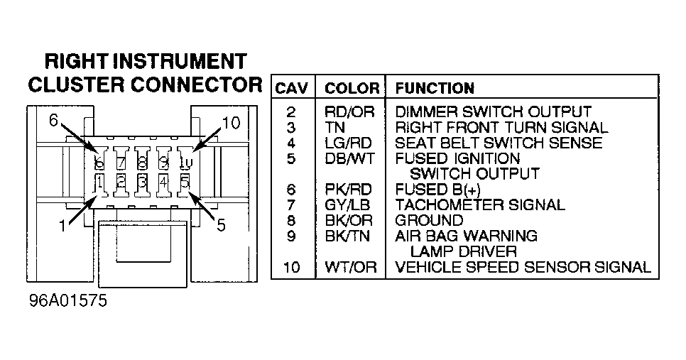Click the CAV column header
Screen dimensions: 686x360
coord(291,88)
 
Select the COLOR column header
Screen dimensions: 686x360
coord(352,88)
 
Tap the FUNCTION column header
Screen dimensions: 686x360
coord(435,88)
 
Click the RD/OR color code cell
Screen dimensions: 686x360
coord(349,112)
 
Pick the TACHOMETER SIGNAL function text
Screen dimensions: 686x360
coord(480,204)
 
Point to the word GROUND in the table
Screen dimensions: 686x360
coord(429,220)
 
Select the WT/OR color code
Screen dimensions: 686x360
coord(350,267)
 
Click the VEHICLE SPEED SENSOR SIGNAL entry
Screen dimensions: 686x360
coord(523,267)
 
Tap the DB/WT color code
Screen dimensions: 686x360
coord(349,158)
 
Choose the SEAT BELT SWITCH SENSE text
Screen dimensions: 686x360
coord(499,143)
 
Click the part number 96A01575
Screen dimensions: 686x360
coord(67,300)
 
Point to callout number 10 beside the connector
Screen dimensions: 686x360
coord(231,123)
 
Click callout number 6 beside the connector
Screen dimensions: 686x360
coord(53,120)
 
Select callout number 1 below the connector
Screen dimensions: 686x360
coord(62,226)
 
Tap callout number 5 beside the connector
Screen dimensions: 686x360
coord(221,225)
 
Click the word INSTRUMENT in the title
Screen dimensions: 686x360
coord(180,62)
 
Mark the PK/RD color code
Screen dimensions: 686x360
coord(348,190)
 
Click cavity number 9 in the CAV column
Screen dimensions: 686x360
coord(291,236)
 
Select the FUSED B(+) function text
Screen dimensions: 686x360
coord(437,190)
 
